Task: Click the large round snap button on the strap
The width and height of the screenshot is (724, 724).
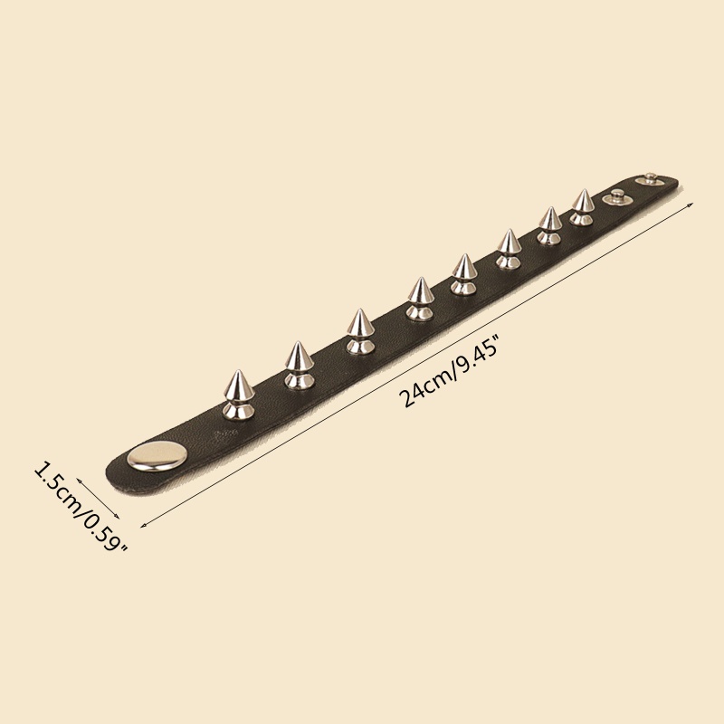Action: pyautogui.click(x=157, y=456)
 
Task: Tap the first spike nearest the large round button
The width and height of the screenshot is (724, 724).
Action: pyautogui.click(x=239, y=395)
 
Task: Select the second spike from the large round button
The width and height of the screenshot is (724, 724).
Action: pyautogui.click(x=300, y=366)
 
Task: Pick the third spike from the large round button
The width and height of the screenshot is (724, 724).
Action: pyautogui.click(x=360, y=331)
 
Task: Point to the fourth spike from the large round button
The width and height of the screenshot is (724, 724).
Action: pyautogui.click(x=420, y=300)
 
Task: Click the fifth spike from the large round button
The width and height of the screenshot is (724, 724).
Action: pyautogui.click(x=463, y=274)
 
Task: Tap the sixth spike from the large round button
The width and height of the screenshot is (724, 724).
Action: pyautogui.click(x=509, y=250)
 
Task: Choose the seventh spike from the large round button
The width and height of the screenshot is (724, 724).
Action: pyautogui.click(x=549, y=226)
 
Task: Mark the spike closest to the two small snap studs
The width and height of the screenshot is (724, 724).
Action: pyautogui.click(x=582, y=207)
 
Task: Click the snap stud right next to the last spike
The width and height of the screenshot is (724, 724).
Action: pyautogui.click(x=617, y=196)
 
